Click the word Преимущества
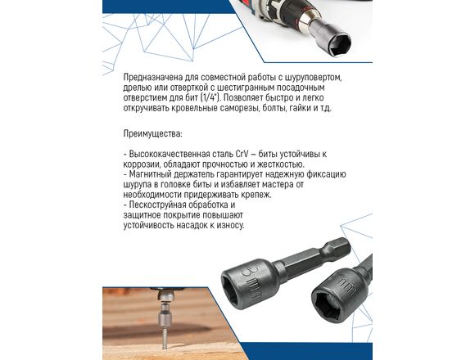pyautogui.click(x=152, y=133)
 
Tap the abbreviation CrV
pyautogui.click(x=242, y=154)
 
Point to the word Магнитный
pyautogui.click(x=150, y=174)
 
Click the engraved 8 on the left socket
pyautogui.click(x=248, y=271)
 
